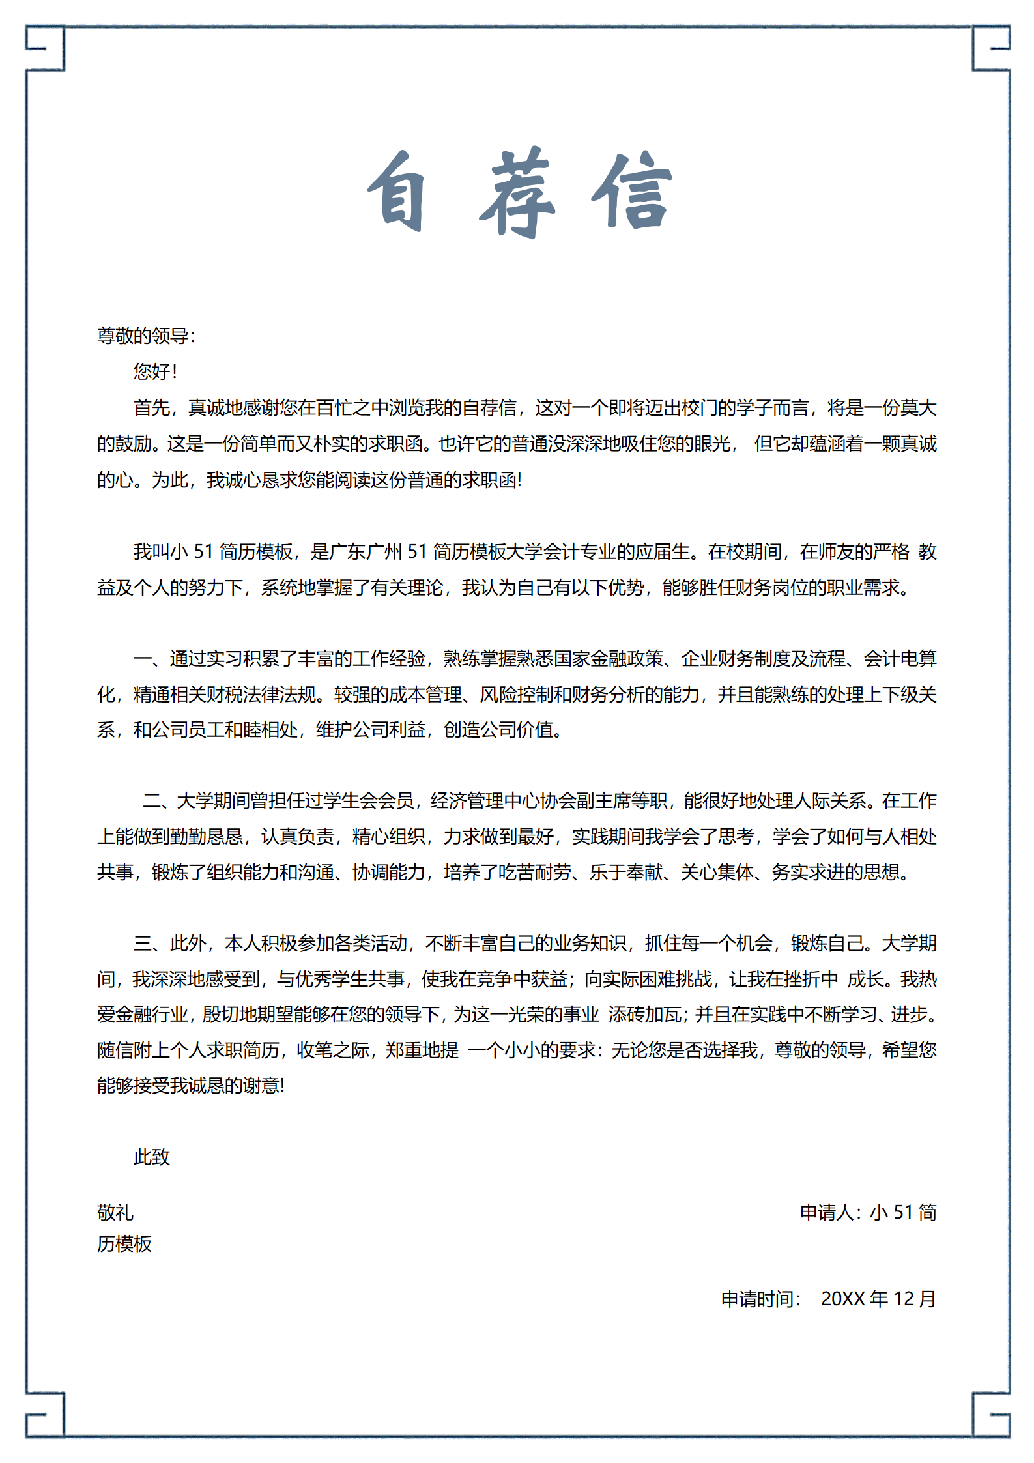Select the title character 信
pos(632,191)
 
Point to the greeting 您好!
pos(154,371)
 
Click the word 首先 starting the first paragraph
pos(152,408)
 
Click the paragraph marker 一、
pos(148,659)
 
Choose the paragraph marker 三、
pos(148,944)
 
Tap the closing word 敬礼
pos(115,1213)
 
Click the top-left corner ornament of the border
pos(45,48)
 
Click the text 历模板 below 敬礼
pos(124,1244)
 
